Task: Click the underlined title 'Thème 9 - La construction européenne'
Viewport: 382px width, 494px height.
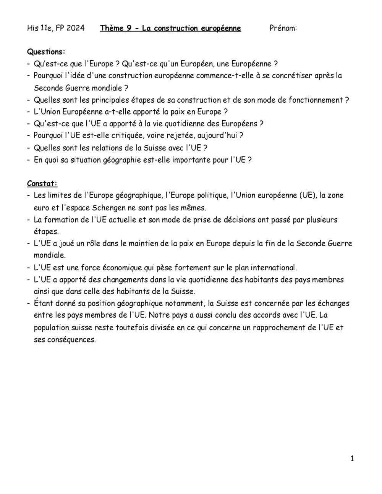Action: coord(170,28)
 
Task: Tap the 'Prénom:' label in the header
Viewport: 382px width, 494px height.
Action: coord(283,28)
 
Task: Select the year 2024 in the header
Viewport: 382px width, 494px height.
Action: coord(75,28)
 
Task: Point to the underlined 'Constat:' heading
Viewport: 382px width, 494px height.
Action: coord(42,184)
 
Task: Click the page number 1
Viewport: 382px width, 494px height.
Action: coord(352,458)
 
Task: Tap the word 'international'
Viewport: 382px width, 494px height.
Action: coord(272,268)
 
